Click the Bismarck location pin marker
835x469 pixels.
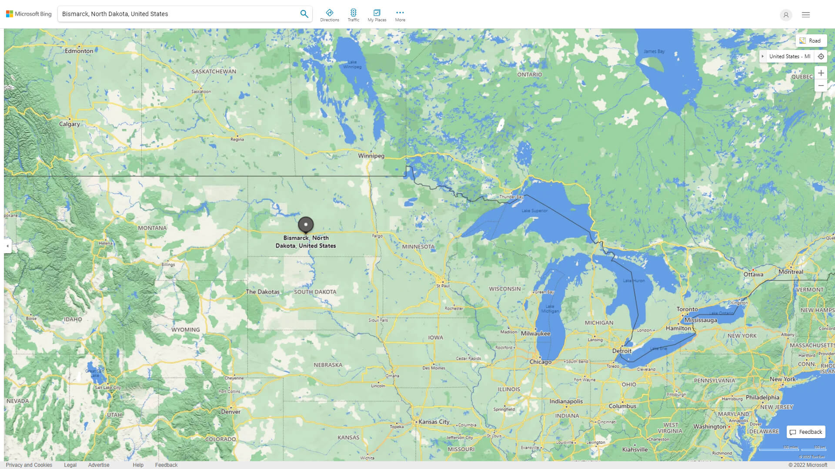(x=306, y=225)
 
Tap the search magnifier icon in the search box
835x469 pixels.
(x=304, y=14)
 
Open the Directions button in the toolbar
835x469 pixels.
(x=329, y=15)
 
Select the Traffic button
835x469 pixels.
(x=353, y=15)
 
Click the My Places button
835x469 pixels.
(x=377, y=15)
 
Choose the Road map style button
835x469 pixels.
(x=811, y=41)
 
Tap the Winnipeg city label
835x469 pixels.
(x=371, y=156)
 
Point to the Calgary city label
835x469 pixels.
(x=70, y=124)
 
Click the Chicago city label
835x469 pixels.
(x=541, y=362)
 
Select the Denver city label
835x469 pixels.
(x=230, y=412)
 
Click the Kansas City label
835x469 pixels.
(x=434, y=422)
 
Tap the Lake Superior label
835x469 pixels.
(x=534, y=211)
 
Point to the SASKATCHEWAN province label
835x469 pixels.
(x=214, y=72)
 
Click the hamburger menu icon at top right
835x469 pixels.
(x=806, y=15)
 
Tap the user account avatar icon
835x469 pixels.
(x=786, y=15)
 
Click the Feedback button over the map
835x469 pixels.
(x=806, y=432)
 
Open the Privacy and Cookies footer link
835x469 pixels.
(x=29, y=465)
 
